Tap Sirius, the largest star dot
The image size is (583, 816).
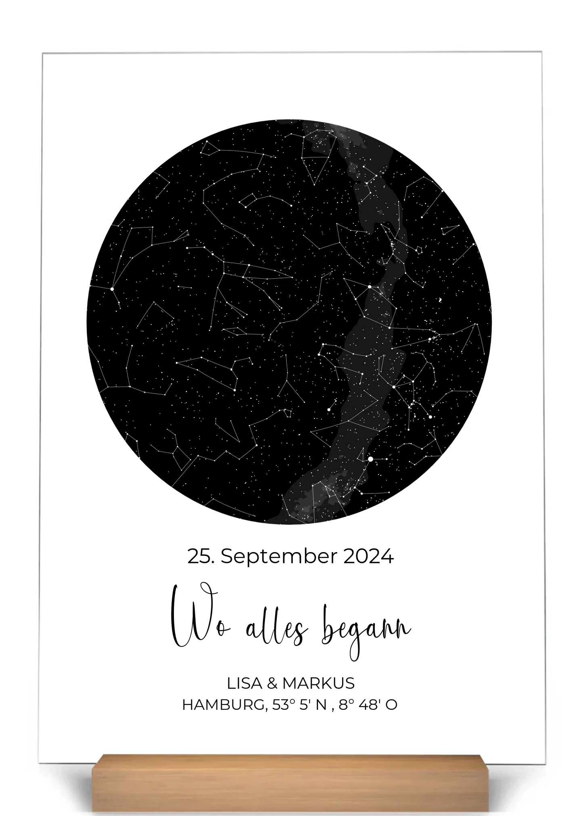370,459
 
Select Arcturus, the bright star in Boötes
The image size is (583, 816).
112,289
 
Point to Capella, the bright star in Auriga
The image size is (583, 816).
370,287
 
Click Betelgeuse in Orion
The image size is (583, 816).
394,387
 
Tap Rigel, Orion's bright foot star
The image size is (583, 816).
430,417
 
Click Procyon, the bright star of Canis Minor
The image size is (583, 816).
329,410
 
